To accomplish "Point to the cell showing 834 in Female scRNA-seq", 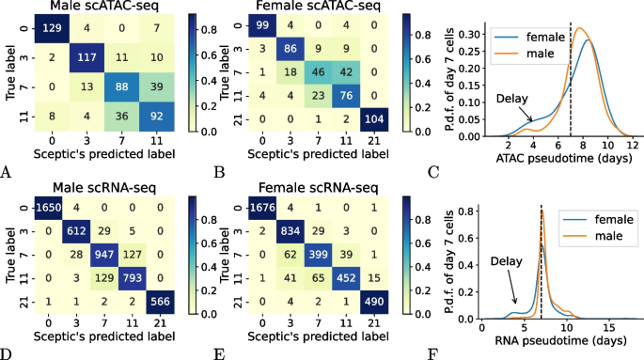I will [292, 230].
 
